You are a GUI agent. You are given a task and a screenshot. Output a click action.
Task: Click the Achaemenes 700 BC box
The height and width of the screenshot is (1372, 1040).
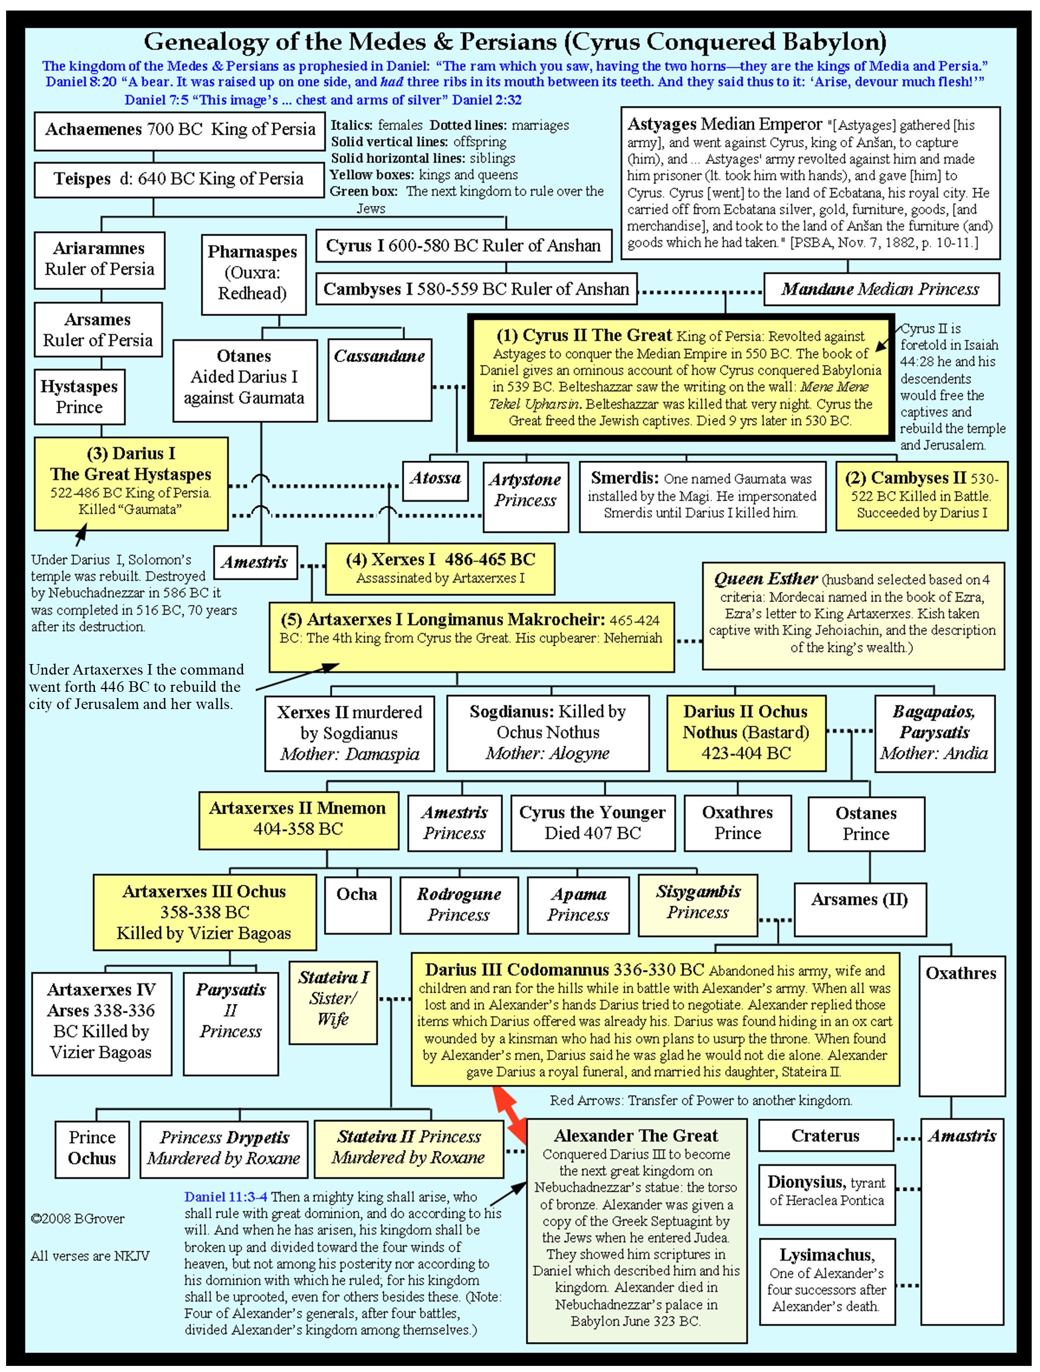[179, 130]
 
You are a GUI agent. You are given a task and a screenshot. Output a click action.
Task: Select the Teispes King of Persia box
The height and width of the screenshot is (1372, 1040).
[179, 179]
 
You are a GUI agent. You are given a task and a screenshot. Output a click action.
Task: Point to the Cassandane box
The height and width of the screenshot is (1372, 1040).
[379, 379]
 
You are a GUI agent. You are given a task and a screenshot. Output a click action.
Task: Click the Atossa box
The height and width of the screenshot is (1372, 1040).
[435, 480]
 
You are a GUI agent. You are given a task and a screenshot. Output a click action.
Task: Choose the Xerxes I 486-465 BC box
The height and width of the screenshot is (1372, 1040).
[440, 568]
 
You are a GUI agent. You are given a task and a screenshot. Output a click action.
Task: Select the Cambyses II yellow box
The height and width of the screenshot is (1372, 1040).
[921, 496]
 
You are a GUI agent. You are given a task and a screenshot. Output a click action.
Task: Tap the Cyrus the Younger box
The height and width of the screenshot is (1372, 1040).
[592, 823]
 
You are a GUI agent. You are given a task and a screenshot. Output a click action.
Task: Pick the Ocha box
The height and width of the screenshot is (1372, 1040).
[357, 904]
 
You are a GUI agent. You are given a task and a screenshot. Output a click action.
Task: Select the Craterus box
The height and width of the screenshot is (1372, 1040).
[825, 1135]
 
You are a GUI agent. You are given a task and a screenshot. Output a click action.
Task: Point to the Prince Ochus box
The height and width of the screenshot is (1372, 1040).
[92, 1148]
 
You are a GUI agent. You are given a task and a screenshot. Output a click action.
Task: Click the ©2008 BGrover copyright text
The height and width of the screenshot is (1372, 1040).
[78, 1218]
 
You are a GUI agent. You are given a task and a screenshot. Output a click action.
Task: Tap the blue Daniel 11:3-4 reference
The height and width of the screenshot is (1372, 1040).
[225, 1196]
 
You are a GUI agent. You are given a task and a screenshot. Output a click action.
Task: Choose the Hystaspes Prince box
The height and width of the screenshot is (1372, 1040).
[79, 396]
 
